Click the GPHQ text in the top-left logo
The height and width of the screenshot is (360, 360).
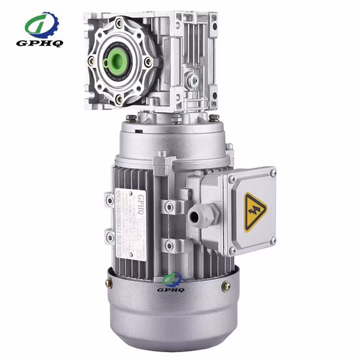[44, 45]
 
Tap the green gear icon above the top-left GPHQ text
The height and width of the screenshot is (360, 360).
[43, 25]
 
